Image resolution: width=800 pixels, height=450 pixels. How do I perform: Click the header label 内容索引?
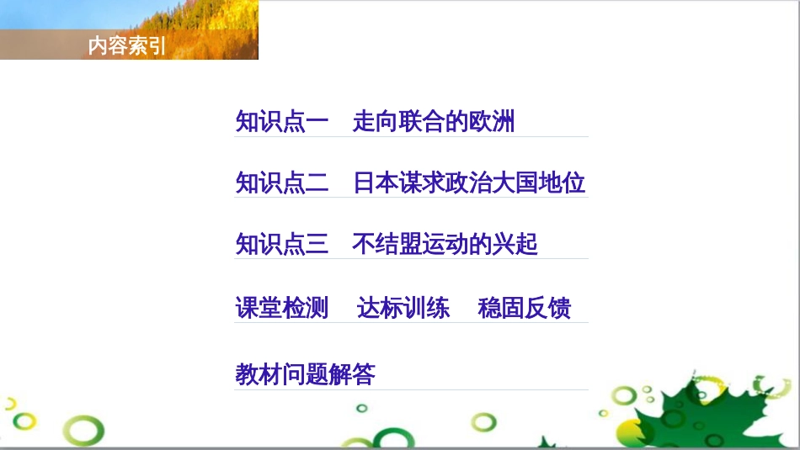[x=127, y=47]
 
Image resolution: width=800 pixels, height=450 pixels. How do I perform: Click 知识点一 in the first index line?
[x=282, y=123]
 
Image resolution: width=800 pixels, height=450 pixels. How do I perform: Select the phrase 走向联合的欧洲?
[x=434, y=123]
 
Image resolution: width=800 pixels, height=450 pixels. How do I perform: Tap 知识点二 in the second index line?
[x=282, y=183]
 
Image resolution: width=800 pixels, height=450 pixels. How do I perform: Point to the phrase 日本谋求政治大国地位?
[x=469, y=183]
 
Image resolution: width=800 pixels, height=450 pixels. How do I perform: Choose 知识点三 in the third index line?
[x=282, y=245]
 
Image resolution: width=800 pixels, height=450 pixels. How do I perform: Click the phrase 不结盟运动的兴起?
[x=445, y=245]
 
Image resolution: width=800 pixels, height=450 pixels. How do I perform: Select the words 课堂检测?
[x=282, y=308]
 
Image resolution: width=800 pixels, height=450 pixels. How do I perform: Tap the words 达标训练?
[x=403, y=308]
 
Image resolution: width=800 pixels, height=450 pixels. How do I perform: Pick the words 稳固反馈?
[x=525, y=308]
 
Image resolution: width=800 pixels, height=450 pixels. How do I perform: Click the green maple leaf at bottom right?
[x=691, y=412]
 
